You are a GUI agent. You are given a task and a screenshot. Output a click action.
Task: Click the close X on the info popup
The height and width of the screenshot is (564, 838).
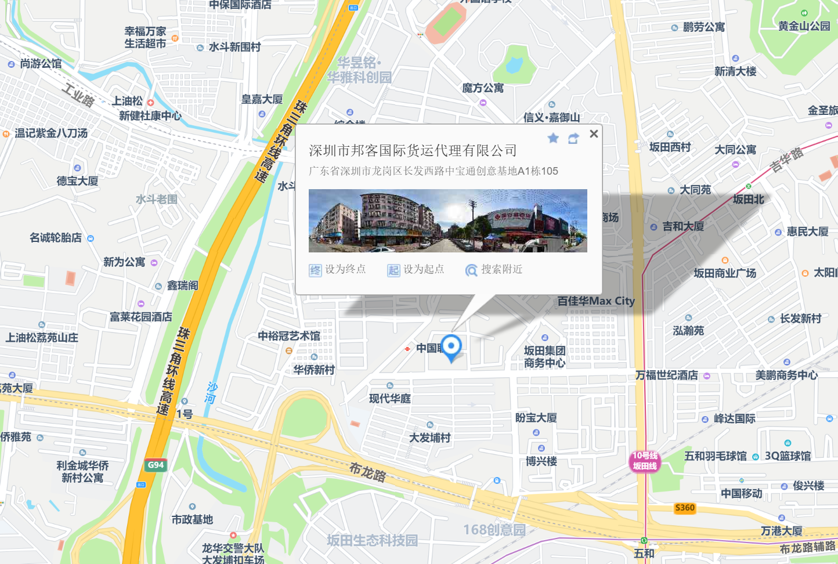coord(594,134)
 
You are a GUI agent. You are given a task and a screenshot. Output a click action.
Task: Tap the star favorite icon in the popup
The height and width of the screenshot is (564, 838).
coord(553,138)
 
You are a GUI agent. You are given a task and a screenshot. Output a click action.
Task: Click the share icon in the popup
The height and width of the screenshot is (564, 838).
coord(573,138)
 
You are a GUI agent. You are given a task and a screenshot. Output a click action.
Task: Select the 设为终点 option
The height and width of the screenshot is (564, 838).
coord(338,270)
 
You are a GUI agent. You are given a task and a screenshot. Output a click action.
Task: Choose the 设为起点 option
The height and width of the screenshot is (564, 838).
coord(416,270)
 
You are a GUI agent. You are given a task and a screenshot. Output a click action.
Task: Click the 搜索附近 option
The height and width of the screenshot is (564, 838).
coord(494,270)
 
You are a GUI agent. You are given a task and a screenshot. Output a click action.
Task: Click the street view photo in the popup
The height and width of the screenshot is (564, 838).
coord(447,220)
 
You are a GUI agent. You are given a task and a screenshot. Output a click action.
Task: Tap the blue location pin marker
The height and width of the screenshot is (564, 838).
coord(451,346)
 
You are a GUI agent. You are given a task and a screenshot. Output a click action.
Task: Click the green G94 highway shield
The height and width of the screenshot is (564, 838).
coord(156,465)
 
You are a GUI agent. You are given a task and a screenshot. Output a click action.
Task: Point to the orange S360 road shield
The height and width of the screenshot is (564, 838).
coord(685,508)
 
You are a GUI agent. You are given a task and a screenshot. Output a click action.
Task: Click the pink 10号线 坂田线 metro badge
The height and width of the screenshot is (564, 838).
coord(645,461)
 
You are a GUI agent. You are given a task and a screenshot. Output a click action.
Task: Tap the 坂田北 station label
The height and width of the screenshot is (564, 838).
coord(748,199)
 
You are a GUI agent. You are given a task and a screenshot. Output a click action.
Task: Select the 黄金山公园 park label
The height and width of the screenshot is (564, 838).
coord(804,26)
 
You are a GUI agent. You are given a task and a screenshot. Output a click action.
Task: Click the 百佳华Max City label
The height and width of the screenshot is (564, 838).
coord(596,301)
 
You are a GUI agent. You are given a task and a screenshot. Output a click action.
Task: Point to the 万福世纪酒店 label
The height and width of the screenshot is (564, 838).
coord(667,375)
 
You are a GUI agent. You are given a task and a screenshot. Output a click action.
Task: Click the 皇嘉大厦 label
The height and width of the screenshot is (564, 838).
coord(262,99)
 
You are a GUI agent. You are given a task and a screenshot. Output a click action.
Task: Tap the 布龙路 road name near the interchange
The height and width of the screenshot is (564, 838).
coord(367,472)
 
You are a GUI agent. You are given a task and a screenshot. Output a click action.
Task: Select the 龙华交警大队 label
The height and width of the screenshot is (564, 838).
coord(233,548)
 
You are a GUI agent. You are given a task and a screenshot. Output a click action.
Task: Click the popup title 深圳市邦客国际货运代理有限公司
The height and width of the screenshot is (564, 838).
coord(413,151)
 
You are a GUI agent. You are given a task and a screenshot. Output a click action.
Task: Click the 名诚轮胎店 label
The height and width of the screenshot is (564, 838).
coord(56,238)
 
